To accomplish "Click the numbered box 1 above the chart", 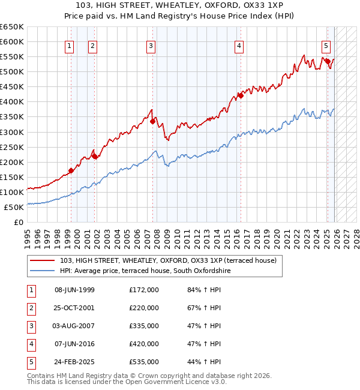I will coord(70,45).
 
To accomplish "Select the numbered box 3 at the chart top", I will coord(151,45).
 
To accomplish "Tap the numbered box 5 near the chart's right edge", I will coord(326,45).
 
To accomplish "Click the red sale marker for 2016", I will coord(240,95).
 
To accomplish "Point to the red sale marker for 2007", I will coord(152,121).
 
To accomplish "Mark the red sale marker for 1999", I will coord(71,170).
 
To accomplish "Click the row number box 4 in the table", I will coord(31,344).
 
